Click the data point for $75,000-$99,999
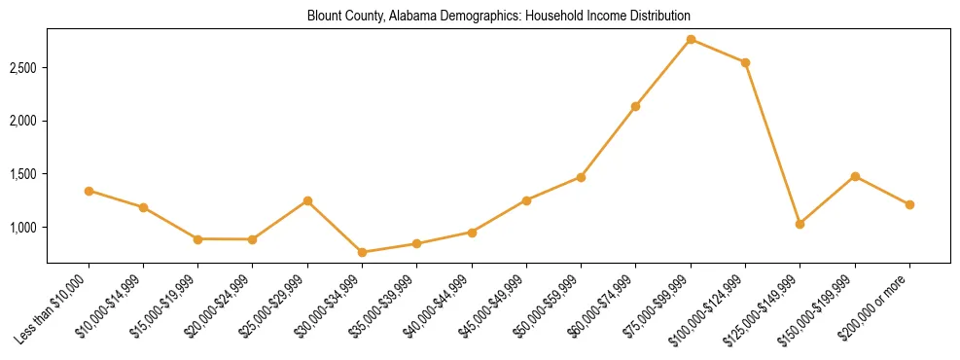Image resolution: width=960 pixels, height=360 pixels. click(x=691, y=39)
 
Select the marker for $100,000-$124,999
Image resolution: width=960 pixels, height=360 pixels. click(x=745, y=62)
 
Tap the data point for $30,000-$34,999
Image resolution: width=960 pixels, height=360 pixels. click(x=362, y=252)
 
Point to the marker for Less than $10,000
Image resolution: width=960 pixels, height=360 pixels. click(x=89, y=191)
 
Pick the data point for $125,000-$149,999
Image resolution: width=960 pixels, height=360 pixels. click(x=800, y=224)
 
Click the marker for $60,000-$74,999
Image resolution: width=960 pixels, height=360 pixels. click(x=635, y=106)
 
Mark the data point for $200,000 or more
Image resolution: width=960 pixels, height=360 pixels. click(x=909, y=204)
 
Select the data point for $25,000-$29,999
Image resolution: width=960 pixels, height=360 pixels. click(x=307, y=200)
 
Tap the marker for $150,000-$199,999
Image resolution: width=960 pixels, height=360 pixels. click(x=855, y=176)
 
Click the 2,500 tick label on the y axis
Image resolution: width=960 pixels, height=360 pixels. click(x=23, y=68)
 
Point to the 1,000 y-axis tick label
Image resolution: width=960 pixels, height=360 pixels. click(x=23, y=228)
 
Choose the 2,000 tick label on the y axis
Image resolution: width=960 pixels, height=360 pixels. click(x=23, y=121)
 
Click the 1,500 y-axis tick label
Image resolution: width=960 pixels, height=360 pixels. click(x=23, y=174)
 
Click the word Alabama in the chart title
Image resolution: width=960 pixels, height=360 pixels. click(x=412, y=16)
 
